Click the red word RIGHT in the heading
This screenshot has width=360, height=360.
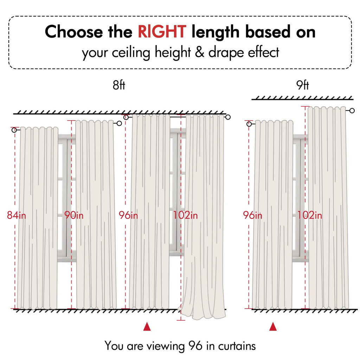coord(162,31)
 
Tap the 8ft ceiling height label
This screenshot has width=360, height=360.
coord(119,85)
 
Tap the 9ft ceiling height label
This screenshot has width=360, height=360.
coord(302,85)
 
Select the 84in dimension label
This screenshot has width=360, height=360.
coord(16,215)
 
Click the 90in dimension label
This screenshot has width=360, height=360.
coord(74,215)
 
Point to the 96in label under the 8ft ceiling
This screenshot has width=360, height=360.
coord(128,215)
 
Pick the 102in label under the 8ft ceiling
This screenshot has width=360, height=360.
coord(185,215)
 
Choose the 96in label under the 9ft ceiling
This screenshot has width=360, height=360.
coord(252,215)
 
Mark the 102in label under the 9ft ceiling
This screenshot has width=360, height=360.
coord(310,215)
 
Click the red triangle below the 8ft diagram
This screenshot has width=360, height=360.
coord(147,327)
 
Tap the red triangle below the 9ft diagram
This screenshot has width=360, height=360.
coord(273,327)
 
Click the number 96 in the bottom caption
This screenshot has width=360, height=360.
coord(195,346)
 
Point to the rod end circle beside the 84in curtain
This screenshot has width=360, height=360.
coord(14,130)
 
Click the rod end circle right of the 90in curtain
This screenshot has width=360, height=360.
coord(119,123)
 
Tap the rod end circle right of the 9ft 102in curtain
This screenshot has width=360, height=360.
coord(352,111)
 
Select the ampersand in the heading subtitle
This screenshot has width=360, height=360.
coord(200,52)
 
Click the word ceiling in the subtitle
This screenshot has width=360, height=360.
coord(131,53)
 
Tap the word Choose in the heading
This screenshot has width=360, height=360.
coord(74,31)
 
